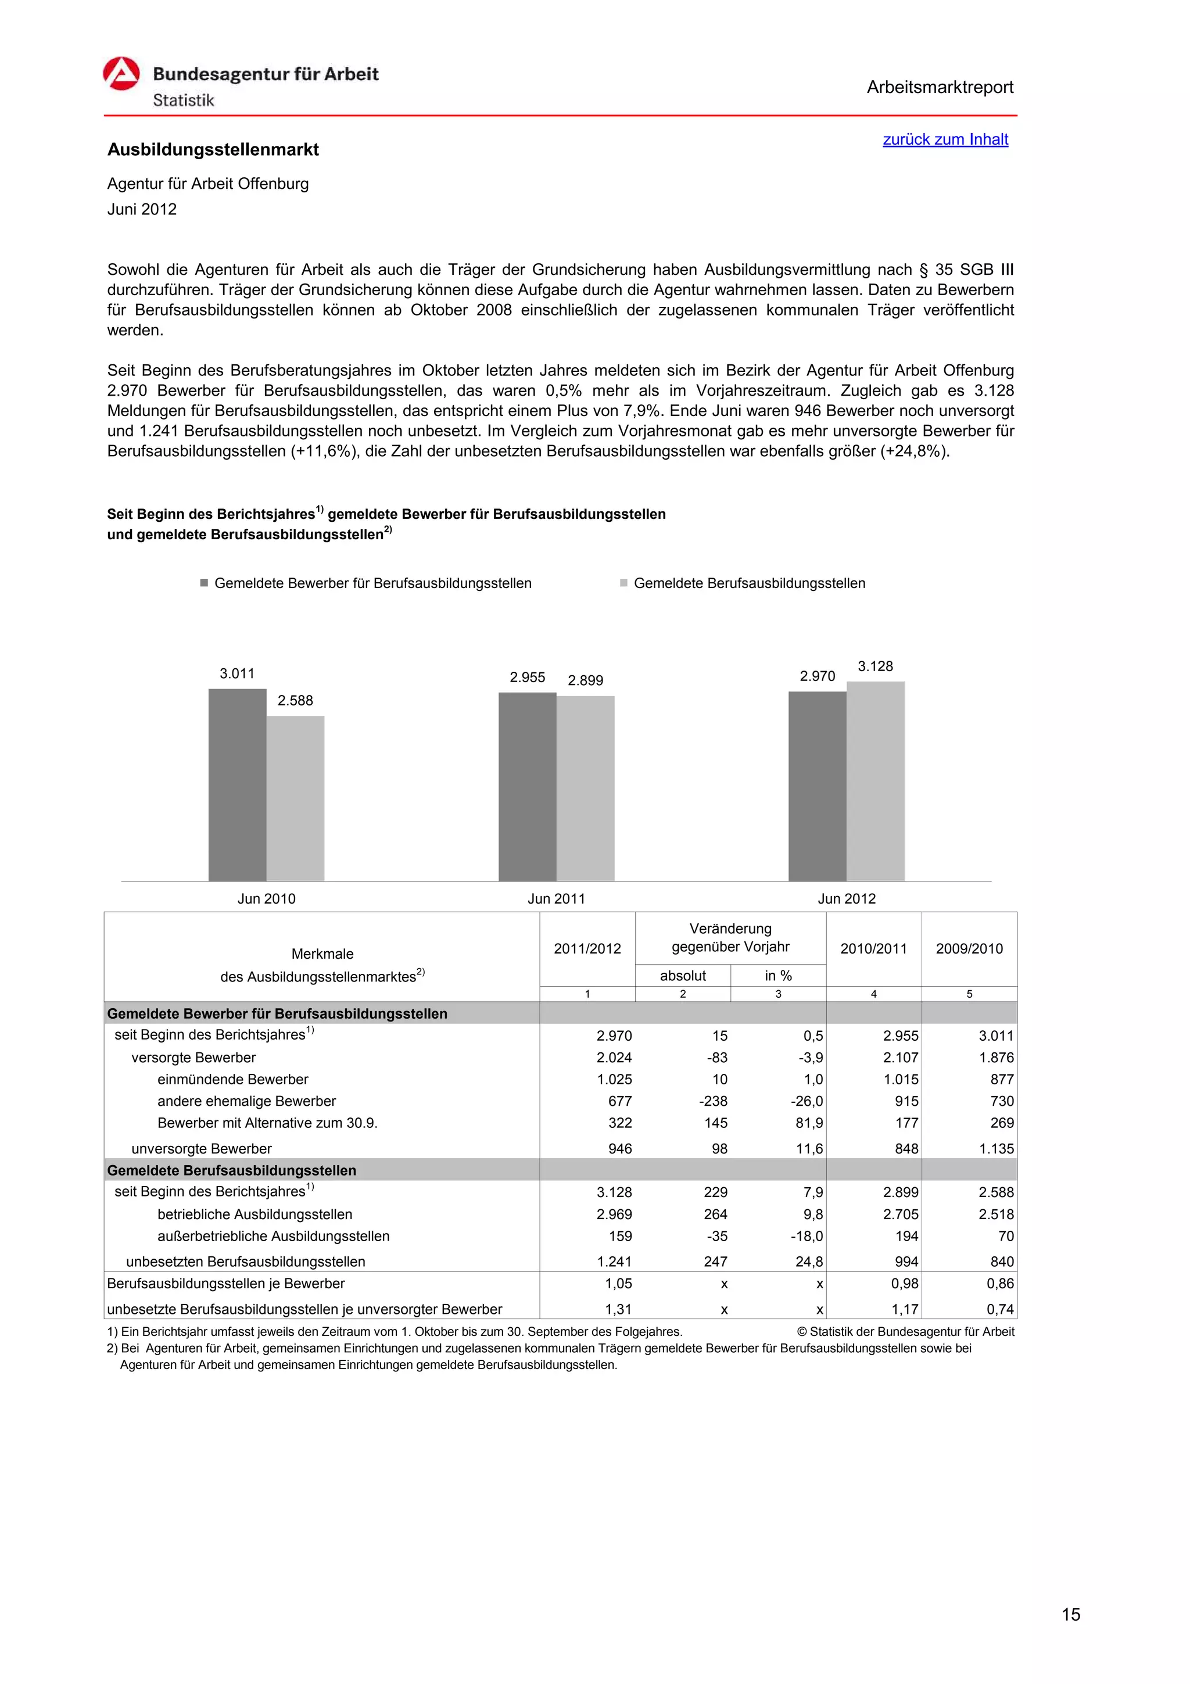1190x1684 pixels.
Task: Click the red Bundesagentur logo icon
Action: click(121, 74)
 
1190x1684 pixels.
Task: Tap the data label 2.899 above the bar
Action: click(585, 680)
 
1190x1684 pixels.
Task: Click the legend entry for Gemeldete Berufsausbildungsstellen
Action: click(748, 583)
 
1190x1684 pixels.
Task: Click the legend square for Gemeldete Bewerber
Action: click(205, 583)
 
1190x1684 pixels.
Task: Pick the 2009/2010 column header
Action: click(969, 948)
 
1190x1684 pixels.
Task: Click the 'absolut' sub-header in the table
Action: click(682, 976)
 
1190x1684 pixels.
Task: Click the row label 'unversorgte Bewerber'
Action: click(201, 1149)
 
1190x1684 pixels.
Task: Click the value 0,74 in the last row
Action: click(999, 1309)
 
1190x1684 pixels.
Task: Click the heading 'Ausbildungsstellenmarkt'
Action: click(213, 149)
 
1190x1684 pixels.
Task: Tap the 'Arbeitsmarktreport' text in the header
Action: click(939, 87)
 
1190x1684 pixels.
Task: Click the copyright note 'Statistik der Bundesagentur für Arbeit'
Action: click(905, 1331)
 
